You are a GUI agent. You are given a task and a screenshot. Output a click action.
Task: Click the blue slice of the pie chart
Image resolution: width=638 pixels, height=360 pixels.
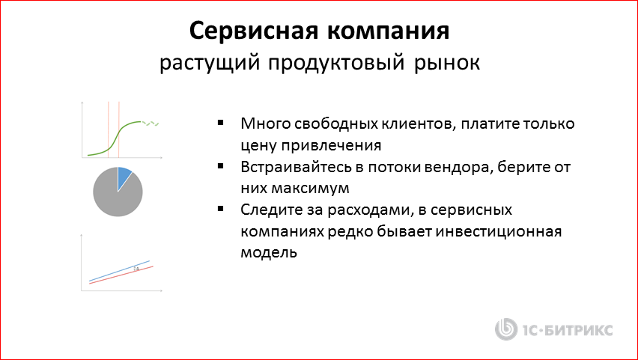click(x=124, y=176)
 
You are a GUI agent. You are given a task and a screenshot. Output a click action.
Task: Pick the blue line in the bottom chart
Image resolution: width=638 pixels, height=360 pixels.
click(x=120, y=271)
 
